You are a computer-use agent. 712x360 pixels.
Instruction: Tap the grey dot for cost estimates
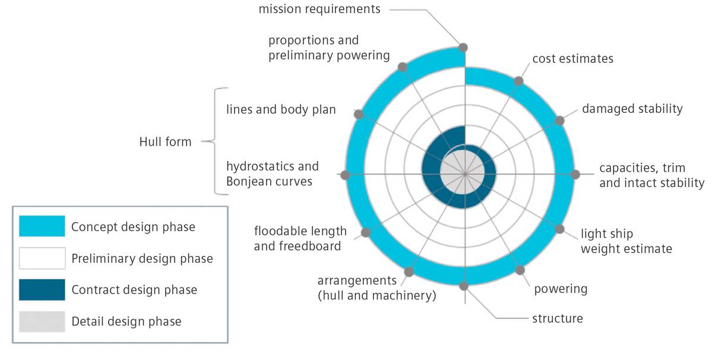point(519,81)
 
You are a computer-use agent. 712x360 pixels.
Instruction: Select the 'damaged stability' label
point(632,109)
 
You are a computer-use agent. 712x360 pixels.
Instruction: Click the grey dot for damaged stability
point(559,120)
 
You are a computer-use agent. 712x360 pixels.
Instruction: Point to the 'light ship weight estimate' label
point(626,241)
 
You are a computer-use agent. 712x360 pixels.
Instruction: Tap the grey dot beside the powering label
point(520,270)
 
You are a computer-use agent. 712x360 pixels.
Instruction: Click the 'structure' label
point(557,318)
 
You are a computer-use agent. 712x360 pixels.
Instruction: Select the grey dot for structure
point(464,286)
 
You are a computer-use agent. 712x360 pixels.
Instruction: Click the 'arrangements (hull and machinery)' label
point(376,288)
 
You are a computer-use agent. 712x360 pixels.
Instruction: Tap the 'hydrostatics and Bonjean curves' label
point(272,174)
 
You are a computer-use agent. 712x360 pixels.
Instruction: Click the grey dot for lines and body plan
point(359,114)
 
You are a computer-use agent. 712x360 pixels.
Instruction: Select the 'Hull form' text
point(165,141)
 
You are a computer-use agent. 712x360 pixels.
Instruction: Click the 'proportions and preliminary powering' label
point(329,48)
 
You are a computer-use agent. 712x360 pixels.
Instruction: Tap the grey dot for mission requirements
point(463,47)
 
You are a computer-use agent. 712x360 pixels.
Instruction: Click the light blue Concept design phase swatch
point(42,226)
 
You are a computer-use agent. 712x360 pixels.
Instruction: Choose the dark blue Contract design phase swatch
point(42,289)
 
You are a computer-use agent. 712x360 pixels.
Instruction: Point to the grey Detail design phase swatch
point(42,321)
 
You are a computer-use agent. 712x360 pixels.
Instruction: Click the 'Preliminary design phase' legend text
point(141,258)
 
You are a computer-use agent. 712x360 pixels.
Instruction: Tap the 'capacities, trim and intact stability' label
point(651,175)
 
